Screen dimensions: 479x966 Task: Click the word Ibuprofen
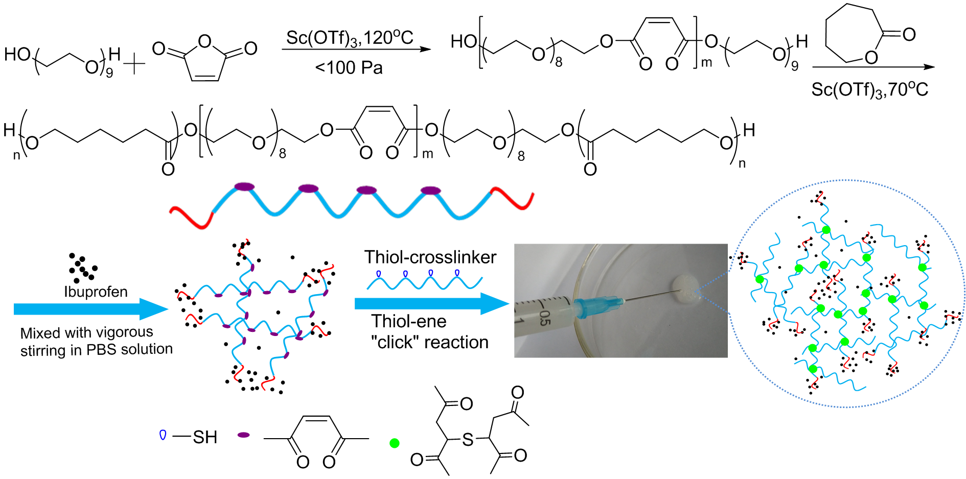click(96, 292)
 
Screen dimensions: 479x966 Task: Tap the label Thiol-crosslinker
click(430, 257)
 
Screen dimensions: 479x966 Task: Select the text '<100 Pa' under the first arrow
click(349, 68)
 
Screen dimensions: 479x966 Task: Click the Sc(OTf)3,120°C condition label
click(350, 38)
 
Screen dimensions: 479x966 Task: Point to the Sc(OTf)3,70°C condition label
click(869, 90)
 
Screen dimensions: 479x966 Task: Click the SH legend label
click(205, 437)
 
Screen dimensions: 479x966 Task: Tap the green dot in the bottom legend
click(394, 443)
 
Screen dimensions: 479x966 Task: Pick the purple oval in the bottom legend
click(244, 435)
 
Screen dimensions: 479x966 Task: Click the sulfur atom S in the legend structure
click(468, 440)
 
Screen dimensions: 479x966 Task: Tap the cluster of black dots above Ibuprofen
click(82, 267)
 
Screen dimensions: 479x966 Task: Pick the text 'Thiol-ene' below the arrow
click(409, 321)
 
